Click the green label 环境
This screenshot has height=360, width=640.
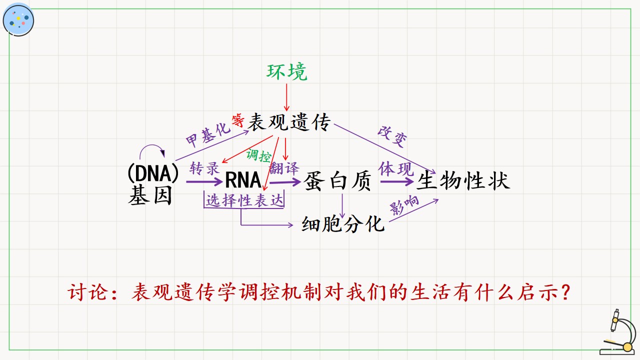coord(287,71)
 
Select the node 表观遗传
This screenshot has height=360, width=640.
coord(289,122)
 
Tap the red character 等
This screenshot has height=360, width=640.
coord(238,120)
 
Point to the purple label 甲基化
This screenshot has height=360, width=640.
coord(208,135)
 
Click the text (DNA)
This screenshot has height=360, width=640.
coord(153,173)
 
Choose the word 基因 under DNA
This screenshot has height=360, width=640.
coord(150,195)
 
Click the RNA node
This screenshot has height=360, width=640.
coord(243,180)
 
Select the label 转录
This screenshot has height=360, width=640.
coord(204,168)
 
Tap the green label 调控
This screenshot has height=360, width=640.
coord(259,155)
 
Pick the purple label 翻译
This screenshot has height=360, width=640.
coord(284,168)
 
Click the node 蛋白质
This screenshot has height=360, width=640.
coord(337,181)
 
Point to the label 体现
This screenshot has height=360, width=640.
coord(396,168)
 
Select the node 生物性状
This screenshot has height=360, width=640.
coord(463,180)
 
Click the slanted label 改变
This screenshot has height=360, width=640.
coord(392,137)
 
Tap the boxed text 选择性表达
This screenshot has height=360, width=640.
coord(244,200)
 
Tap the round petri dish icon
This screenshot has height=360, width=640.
coord(18,20)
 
